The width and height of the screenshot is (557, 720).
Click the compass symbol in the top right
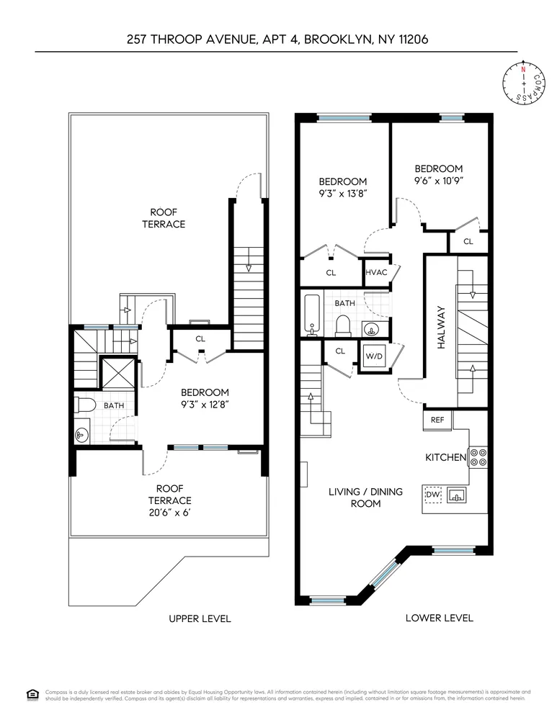pyautogui.click(x=523, y=83)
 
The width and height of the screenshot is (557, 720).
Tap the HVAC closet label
pyautogui.click(x=376, y=273)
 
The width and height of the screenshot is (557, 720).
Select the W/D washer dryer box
pyautogui.click(x=373, y=356)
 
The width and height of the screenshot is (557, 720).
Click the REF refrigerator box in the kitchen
pyautogui.click(x=437, y=420)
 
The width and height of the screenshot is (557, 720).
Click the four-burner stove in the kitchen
pyautogui.click(x=478, y=456)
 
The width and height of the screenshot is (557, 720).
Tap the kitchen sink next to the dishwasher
pyautogui.click(x=457, y=495)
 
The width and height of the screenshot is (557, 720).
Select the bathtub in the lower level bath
pyautogui.click(x=312, y=315)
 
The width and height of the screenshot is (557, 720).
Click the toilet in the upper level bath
pyautogui.click(x=84, y=405)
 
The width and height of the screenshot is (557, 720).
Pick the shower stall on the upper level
pyautogui.click(x=117, y=374)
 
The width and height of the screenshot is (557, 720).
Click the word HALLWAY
pyautogui.click(x=442, y=328)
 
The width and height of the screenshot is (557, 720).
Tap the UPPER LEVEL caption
pyautogui.click(x=200, y=618)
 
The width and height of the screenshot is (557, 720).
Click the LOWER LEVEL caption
pyautogui.click(x=439, y=618)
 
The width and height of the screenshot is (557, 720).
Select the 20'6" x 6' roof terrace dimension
pyautogui.click(x=170, y=513)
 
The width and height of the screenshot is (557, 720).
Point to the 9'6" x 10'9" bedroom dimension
pyautogui.click(x=439, y=181)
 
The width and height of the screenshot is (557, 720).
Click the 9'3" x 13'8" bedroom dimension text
pyautogui.click(x=343, y=194)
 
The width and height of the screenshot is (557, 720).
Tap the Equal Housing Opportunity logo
pyautogui.click(x=32, y=694)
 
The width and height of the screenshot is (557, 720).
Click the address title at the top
pyautogui.click(x=277, y=40)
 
